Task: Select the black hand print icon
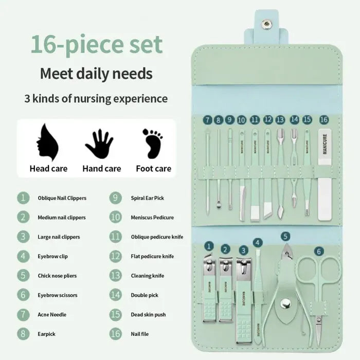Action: [x=99, y=144]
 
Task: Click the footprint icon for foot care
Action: [x=152, y=143]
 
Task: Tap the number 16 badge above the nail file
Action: [x=323, y=119]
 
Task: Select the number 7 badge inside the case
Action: [x=207, y=120]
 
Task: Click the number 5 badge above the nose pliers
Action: [x=285, y=237]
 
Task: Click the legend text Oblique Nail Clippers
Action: [x=62, y=198]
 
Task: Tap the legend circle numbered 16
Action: [x=116, y=334]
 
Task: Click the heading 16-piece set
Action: [x=96, y=44]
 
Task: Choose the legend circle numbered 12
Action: [x=116, y=256]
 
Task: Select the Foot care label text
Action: [x=153, y=169]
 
